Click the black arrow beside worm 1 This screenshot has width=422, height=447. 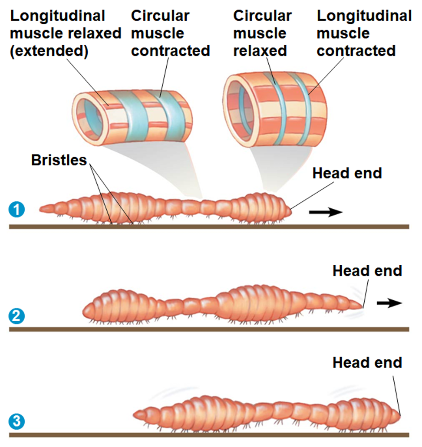click(326, 212)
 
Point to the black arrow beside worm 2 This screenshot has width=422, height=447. click(389, 303)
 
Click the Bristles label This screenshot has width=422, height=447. click(59, 160)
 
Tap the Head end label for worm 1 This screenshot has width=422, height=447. click(347, 173)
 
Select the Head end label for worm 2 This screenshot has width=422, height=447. click(367, 271)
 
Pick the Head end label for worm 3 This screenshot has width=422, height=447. click(367, 362)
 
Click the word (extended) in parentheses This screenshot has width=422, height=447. click(49, 51)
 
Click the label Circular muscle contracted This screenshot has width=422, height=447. click(170, 33)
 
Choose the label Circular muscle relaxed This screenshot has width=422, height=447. click(262, 33)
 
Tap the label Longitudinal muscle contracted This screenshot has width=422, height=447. click(364, 33)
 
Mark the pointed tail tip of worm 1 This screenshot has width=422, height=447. click(43, 209)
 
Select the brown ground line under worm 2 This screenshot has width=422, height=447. click(208, 329)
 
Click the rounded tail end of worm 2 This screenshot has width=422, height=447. click(86, 311)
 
